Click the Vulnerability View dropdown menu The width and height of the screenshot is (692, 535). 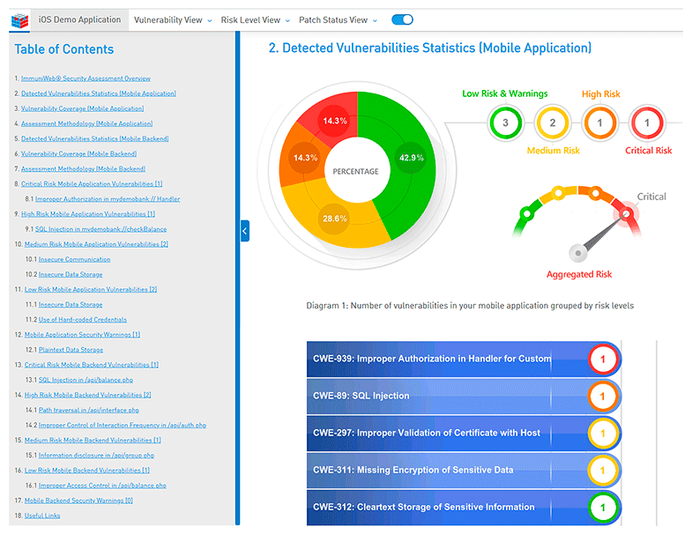pyautogui.click(x=173, y=19)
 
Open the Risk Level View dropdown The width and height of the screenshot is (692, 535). pyautogui.click(x=255, y=19)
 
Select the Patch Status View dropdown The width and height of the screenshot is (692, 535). pyautogui.click(x=338, y=19)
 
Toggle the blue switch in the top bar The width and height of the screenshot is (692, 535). pyautogui.click(x=402, y=19)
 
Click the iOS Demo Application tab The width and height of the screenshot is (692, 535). pyautogui.click(x=80, y=19)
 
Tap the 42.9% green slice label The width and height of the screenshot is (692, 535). pyautogui.click(x=411, y=158)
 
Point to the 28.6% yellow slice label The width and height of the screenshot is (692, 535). pyautogui.click(x=333, y=218)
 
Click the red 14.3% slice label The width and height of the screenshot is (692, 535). pyautogui.click(x=334, y=121)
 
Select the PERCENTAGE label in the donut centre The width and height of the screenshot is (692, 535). pyautogui.click(x=355, y=171)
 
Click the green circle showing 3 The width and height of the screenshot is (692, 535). pyautogui.click(x=505, y=123)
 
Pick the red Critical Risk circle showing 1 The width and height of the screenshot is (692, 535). pyautogui.click(x=647, y=123)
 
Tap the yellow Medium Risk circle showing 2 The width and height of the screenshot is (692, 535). pyautogui.click(x=553, y=123)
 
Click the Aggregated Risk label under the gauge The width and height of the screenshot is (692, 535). pyautogui.click(x=578, y=274)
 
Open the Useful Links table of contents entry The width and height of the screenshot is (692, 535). pyautogui.click(x=42, y=516)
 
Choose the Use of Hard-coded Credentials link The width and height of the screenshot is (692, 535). pyautogui.click(x=83, y=319)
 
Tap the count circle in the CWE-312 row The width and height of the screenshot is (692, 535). pyautogui.click(x=603, y=507)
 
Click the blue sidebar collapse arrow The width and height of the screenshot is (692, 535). pyautogui.click(x=244, y=231)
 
